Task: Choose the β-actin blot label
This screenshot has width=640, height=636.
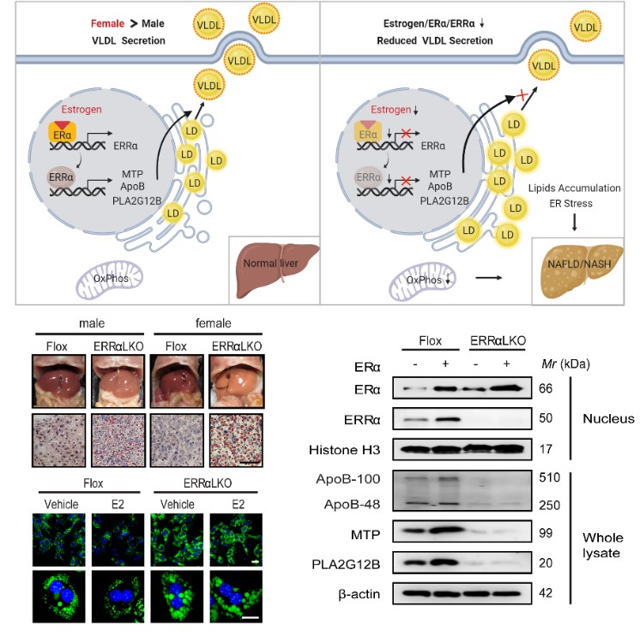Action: coord(356,594)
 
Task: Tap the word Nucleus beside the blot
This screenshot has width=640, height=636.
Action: coord(607,418)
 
